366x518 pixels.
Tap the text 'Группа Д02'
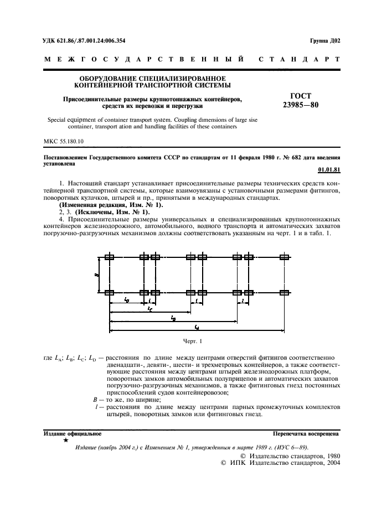(x=326, y=40)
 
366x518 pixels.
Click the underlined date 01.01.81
(x=329, y=169)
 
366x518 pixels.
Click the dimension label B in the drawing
(x=99, y=274)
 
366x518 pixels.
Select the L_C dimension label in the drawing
(x=150, y=309)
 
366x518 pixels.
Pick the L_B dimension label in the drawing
(x=173, y=318)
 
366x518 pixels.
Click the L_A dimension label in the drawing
(x=197, y=328)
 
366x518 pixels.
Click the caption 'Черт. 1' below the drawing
(x=193, y=341)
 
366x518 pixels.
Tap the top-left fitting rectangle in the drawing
(x=110, y=257)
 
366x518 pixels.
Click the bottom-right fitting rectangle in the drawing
(x=285, y=292)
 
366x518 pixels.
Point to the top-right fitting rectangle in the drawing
(x=285, y=257)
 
